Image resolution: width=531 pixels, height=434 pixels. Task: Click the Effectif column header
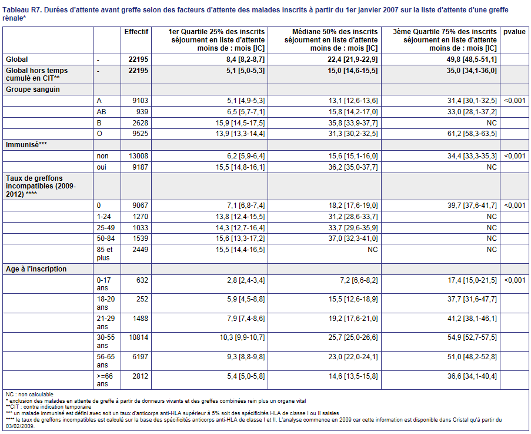[x=136, y=32]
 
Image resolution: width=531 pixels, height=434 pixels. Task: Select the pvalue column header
[x=515, y=32]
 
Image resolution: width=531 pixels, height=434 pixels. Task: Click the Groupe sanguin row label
[x=33, y=90]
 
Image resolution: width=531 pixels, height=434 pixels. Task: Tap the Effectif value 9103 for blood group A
[x=140, y=101]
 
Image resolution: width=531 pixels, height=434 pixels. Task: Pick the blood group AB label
[x=101, y=112]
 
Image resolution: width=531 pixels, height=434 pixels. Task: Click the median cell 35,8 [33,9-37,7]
[x=353, y=122]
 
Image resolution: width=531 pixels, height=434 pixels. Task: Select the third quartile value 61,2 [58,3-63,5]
[x=472, y=134]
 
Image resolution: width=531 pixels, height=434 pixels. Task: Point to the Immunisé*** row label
[x=26, y=145]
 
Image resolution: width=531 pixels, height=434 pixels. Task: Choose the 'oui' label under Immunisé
[x=101, y=167]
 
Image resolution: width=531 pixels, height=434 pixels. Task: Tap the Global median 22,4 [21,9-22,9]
[x=353, y=59]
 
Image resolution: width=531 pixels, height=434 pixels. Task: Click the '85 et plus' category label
[x=105, y=254]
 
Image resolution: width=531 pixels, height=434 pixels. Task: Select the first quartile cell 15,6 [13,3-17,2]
[x=240, y=238]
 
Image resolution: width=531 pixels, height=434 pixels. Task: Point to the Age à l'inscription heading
[x=36, y=269]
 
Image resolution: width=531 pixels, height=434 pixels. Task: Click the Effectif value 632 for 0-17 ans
[x=142, y=280]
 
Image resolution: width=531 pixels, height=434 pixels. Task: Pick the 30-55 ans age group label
[x=106, y=342]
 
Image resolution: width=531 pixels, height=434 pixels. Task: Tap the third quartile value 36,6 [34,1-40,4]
[x=472, y=376]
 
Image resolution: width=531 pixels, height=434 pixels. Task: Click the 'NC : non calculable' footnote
[x=29, y=395]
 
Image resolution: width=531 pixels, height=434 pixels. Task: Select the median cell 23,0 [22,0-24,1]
[x=353, y=357]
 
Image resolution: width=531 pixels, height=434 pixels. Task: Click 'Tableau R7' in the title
[x=22, y=10]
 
